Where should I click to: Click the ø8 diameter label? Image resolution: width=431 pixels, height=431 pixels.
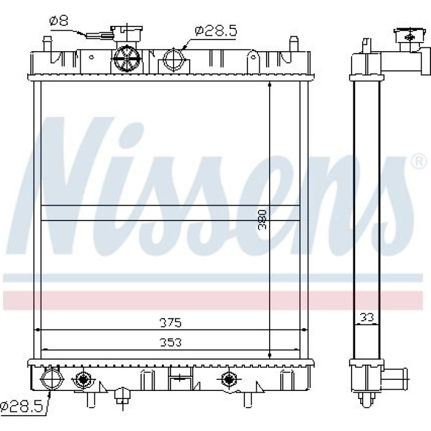coord(58,20)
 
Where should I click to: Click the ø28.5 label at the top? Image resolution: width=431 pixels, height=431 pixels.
coord(216,31)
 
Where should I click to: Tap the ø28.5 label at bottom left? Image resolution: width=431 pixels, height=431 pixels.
coord(22,406)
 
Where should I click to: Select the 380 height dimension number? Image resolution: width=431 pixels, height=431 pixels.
coord(262,219)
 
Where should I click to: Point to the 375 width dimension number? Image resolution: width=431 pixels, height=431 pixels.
coord(171,323)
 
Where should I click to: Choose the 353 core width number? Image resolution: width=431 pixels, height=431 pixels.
coord(171,342)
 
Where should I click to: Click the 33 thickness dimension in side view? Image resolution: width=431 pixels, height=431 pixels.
coord(367,318)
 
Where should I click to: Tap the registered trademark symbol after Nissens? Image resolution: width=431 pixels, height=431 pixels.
coord(419,161)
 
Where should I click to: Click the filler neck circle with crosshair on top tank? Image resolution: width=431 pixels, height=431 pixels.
coord(127,58)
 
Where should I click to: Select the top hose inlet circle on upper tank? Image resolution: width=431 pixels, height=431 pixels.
coord(174,59)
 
